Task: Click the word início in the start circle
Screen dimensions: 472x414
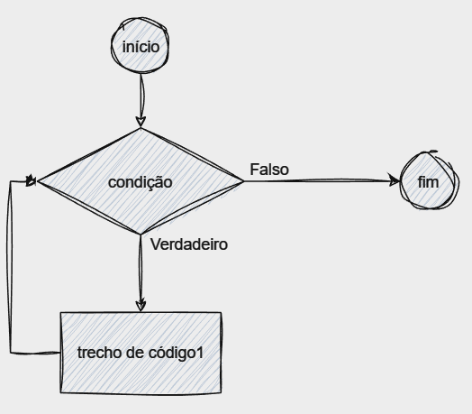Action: [x=141, y=47]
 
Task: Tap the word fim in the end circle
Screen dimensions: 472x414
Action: [x=428, y=182]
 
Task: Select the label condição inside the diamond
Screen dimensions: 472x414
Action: [x=141, y=183]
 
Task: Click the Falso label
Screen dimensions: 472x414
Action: [x=269, y=170]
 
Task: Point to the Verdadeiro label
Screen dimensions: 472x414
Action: [x=189, y=244]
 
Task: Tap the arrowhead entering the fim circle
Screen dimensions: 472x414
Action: [x=394, y=180]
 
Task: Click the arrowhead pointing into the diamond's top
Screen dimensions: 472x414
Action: [x=141, y=122]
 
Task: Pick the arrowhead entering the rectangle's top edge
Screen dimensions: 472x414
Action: [x=141, y=305]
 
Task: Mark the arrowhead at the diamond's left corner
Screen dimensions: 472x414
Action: [x=32, y=181]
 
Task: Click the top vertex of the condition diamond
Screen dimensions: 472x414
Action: [x=141, y=129]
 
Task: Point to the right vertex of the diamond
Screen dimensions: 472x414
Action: [x=243, y=181]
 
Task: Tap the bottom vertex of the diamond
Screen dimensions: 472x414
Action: [x=141, y=234]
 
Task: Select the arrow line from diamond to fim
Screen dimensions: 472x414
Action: [x=322, y=180]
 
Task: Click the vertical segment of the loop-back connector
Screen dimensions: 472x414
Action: [x=10, y=267]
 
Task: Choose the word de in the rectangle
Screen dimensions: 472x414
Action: [x=135, y=353]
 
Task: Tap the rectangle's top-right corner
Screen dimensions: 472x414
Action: [x=222, y=313]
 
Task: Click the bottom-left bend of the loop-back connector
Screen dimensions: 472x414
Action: [x=11, y=353]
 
